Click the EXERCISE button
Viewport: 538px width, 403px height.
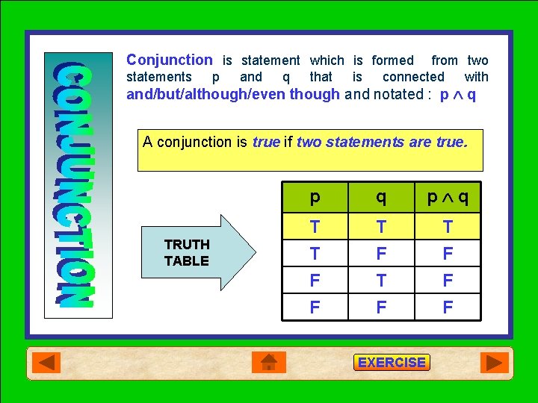[x=392, y=363]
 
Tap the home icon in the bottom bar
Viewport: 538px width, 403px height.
[x=269, y=363]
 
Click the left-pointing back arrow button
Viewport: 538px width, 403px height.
[x=47, y=363]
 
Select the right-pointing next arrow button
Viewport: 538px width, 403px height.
[x=494, y=363]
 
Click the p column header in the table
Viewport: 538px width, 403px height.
[x=315, y=197]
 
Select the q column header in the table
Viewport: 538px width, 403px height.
[x=381, y=197]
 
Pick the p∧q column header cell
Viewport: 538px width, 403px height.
[x=448, y=197]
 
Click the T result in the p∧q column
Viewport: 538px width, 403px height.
[x=448, y=227]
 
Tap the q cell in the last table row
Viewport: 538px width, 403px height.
[x=381, y=307]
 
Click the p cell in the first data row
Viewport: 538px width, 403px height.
[x=315, y=227]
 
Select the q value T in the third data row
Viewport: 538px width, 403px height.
[x=381, y=281]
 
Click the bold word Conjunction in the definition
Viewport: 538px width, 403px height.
[x=170, y=60]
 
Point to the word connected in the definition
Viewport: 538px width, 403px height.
[x=413, y=77]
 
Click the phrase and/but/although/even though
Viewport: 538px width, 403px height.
[x=233, y=94]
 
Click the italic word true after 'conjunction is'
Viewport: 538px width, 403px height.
[x=266, y=142]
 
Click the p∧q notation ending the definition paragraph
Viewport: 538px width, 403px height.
[x=458, y=94]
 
